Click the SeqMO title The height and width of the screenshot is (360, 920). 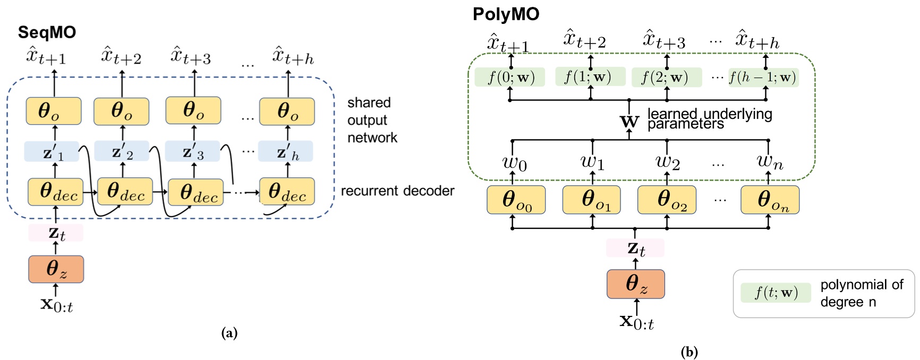click(x=47, y=32)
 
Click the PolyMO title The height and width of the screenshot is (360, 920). click(x=506, y=14)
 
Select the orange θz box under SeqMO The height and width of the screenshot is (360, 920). click(x=56, y=269)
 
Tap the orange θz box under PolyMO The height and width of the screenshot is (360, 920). click(x=636, y=284)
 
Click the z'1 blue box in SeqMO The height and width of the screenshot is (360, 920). click(x=52, y=152)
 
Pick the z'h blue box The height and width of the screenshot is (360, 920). click(x=286, y=151)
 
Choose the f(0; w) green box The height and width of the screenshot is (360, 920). click(x=510, y=78)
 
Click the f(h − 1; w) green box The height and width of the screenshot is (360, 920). click(x=763, y=78)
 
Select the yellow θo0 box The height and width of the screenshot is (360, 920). click(x=516, y=200)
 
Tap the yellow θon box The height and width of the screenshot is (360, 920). click(x=770, y=200)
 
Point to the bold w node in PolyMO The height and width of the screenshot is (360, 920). click(x=629, y=122)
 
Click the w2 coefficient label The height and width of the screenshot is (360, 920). click(x=667, y=161)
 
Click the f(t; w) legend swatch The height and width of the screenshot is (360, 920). click(x=776, y=293)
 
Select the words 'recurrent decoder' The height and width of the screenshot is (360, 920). click(x=397, y=191)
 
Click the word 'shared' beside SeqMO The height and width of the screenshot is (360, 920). click(x=369, y=102)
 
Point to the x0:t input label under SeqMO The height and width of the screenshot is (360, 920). click(x=57, y=305)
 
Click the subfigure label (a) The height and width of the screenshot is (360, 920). click(x=229, y=333)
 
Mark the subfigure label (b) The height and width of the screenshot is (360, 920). click(x=689, y=352)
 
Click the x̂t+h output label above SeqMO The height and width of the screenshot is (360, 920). click(x=293, y=56)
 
